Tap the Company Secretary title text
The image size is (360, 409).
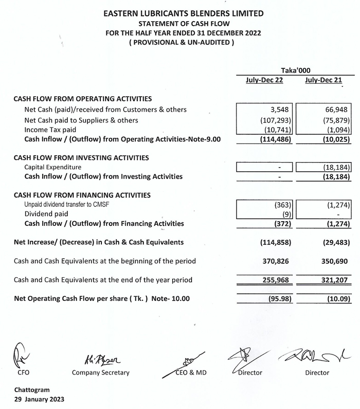101,372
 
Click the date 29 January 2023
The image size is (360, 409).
40,399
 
